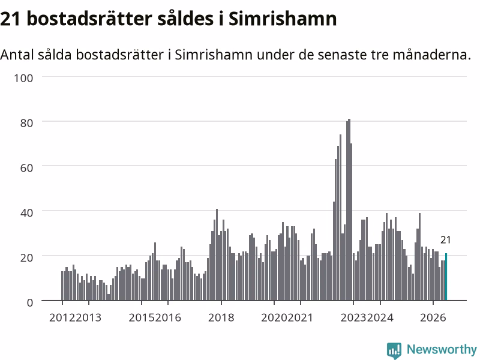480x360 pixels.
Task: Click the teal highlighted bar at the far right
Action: [446, 277]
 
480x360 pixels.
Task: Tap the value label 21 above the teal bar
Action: [445, 240]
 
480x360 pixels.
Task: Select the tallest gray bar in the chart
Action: [349, 209]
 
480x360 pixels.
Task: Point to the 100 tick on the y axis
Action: [23, 78]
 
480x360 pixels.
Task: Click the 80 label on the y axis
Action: [26, 123]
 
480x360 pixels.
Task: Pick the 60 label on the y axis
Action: [26, 168]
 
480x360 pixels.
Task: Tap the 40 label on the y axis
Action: [26, 213]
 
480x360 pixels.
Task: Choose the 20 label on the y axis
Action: [26, 257]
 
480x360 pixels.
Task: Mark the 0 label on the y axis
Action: [29, 302]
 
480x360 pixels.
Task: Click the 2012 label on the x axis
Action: [62, 317]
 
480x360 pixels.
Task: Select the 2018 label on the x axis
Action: [221, 317]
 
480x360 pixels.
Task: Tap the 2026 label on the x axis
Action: [433, 317]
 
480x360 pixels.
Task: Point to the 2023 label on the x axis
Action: [353, 317]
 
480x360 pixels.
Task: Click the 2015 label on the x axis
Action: [142, 317]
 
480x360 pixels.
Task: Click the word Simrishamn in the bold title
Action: [283, 19]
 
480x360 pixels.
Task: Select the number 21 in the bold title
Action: [10, 19]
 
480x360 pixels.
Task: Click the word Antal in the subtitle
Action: [17, 55]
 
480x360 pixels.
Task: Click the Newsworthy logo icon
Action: [394, 350]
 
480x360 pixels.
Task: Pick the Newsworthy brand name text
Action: [442, 349]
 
